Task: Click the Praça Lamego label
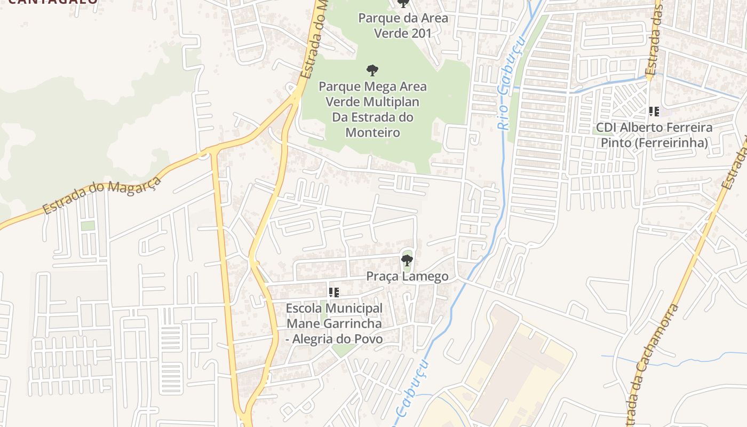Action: (407, 276)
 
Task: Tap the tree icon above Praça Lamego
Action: (407, 260)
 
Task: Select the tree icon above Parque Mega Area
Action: (372, 70)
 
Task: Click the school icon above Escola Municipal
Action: (334, 292)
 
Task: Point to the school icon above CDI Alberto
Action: (654, 112)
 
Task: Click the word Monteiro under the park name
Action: (372, 132)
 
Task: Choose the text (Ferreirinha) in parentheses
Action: (654, 143)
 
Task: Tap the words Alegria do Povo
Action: (338, 339)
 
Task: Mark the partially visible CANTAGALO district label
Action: (53, 2)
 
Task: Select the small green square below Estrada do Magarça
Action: (88, 226)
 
